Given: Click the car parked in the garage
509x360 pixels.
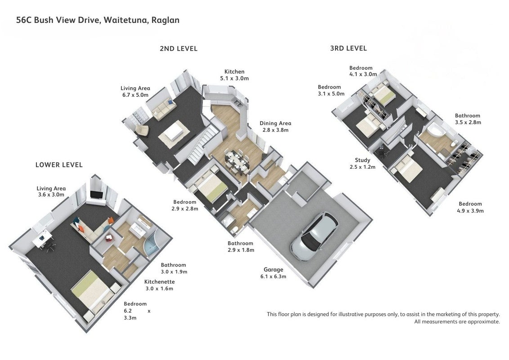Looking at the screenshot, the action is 314,237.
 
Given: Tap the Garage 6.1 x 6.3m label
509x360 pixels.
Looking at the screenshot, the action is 273,273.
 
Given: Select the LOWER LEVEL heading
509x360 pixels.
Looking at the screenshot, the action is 59,165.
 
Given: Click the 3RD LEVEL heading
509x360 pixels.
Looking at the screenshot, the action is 348,49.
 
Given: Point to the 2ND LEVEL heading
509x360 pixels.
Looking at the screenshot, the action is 179,49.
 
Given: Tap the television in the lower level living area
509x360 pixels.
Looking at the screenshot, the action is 96,194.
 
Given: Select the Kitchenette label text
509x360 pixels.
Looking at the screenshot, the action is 160,282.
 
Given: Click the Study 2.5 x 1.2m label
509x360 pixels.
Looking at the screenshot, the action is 362,163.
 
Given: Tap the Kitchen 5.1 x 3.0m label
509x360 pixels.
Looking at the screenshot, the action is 234,75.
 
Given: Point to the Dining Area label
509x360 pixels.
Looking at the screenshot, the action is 275,123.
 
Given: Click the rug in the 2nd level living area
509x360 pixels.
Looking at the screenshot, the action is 174,133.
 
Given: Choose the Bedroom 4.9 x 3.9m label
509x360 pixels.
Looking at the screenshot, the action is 471,207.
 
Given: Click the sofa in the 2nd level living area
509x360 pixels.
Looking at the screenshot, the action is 164,109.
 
